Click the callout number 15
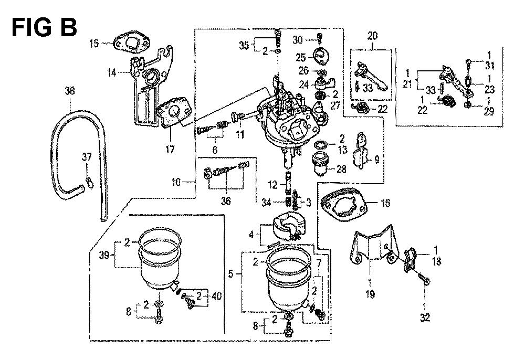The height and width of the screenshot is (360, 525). (x=94, y=44)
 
